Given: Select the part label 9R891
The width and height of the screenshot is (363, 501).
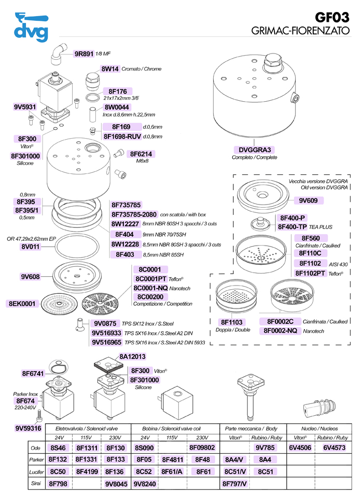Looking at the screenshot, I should click(x=83, y=53).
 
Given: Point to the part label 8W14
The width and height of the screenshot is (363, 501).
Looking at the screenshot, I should click(x=110, y=69).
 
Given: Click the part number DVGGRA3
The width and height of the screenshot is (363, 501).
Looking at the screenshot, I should click(x=254, y=150).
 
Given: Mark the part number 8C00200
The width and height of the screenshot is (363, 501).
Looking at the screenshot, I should click(x=148, y=296).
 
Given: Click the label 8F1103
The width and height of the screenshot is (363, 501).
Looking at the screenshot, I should click(x=229, y=322).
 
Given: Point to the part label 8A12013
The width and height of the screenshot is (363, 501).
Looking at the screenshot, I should click(x=132, y=357).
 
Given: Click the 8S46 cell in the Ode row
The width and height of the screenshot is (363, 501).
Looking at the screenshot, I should click(x=57, y=448).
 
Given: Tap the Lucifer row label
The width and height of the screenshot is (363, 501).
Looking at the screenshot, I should click(x=35, y=471).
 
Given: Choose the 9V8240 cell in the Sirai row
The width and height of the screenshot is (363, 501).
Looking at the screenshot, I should click(x=145, y=483).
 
